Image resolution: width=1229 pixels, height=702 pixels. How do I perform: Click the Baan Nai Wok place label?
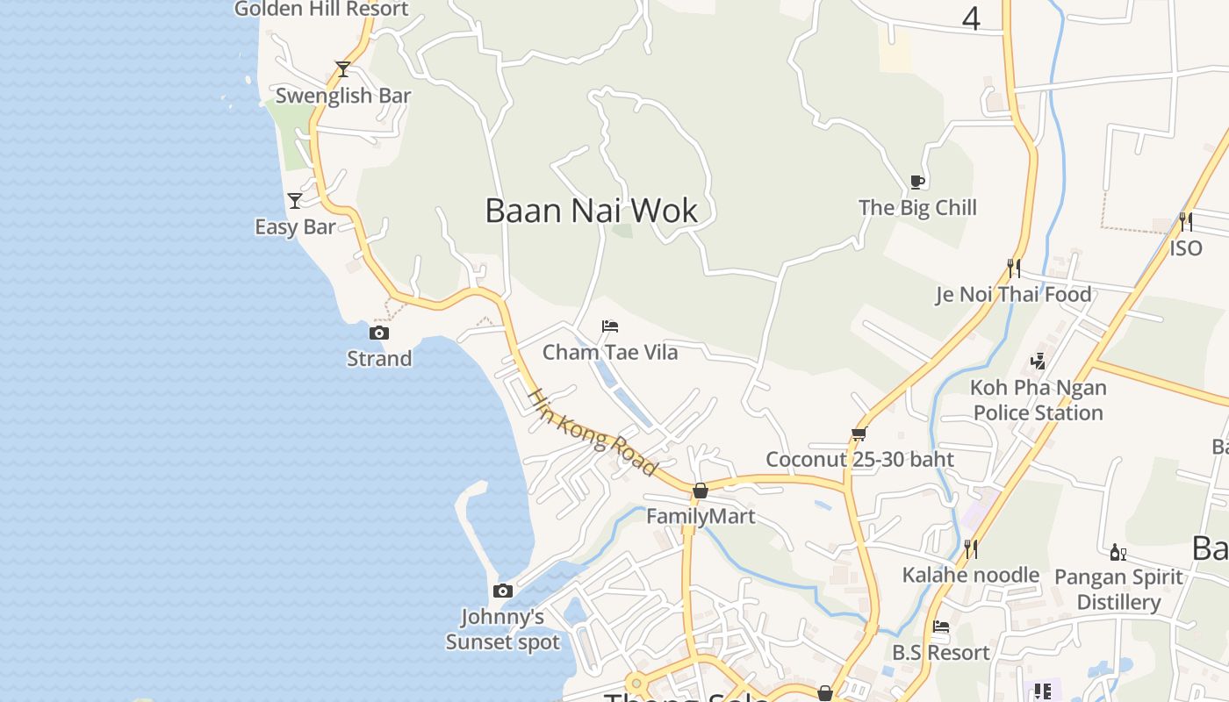pyautogui.click(x=591, y=211)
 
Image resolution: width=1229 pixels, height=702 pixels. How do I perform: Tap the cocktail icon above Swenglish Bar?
pyautogui.click(x=343, y=68)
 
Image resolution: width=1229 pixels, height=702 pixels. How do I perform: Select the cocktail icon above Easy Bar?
pyautogui.click(x=295, y=201)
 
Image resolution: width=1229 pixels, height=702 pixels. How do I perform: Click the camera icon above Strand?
pyautogui.click(x=379, y=333)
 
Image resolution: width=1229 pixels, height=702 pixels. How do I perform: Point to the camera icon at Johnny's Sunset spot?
pyautogui.click(x=503, y=591)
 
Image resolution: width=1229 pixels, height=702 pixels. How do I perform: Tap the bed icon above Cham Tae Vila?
pyautogui.click(x=610, y=326)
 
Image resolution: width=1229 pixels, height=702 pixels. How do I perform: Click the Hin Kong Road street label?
pyautogui.click(x=592, y=433)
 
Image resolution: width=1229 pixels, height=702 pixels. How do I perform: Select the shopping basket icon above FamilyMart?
pyautogui.click(x=701, y=491)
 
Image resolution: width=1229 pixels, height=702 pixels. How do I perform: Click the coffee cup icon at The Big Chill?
pyautogui.click(x=917, y=182)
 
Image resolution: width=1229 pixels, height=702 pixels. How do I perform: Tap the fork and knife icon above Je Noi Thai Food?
pyautogui.click(x=1014, y=268)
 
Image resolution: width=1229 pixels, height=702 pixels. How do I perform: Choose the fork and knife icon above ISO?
pyautogui.click(x=1185, y=221)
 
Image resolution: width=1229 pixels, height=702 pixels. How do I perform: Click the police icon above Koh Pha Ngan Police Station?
pyautogui.click(x=1038, y=361)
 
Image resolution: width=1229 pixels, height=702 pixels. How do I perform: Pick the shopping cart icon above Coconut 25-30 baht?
pyautogui.click(x=859, y=433)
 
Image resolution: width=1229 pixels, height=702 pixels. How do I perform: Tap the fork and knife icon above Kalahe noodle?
pyautogui.click(x=971, y=549)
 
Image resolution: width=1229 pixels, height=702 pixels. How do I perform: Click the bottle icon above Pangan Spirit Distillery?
pyautogui.click(x=1118, y=552)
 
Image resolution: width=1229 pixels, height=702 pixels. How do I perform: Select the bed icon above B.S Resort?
pyautogui.click(x=941, y=627)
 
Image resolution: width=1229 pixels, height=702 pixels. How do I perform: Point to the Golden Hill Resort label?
pyautogui.click(x=321, y=9)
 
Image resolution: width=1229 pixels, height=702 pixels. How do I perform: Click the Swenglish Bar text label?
pyautogui.click(x=343, y=96)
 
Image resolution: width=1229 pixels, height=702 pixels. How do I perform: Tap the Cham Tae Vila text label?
pyautogui.click(x=610, y=353)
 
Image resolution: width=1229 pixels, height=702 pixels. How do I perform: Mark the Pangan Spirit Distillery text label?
pyautogui.click(x=1118, y=590)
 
